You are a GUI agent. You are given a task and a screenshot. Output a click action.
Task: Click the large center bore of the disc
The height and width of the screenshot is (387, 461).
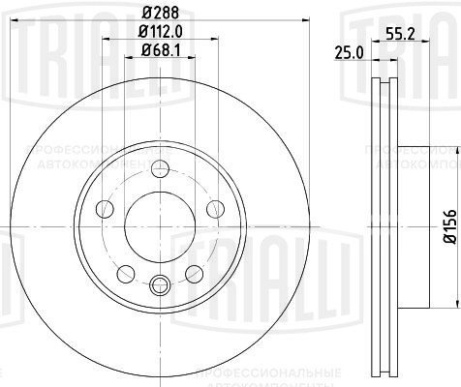point(159,223)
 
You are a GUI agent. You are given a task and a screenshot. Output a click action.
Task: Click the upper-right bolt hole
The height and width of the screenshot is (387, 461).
point(212,208)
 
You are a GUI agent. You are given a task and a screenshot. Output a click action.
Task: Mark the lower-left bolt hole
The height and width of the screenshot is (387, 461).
point(126,270)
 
